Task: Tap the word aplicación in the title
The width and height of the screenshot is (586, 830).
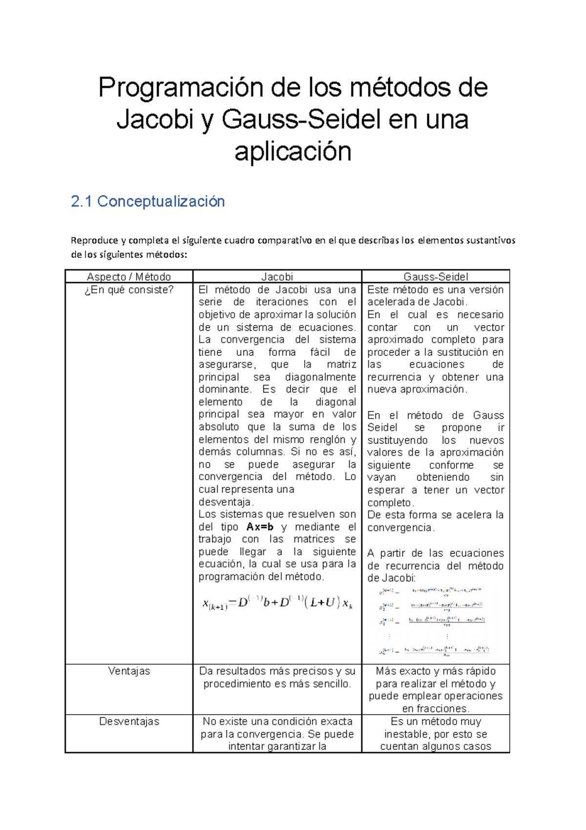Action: (293, 152)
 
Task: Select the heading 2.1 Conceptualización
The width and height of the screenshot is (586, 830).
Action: (147, 201)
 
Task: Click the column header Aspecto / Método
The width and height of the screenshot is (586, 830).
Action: (129, 277)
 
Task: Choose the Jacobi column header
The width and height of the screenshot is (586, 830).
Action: (277, 277)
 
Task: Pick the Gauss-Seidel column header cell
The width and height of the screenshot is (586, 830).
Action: (436, 277)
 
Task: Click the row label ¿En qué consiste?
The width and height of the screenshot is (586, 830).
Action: (129, 290)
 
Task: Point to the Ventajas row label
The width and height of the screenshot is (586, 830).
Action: (129, 671)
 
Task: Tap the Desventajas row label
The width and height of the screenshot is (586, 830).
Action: (129, 721)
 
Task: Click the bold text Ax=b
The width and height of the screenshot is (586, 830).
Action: (260, 527)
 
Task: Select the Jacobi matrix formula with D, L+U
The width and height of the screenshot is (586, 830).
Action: (277, 603)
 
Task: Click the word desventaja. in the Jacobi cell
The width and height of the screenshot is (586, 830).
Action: (226, 502)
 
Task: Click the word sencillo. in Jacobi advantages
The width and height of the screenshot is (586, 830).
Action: (332, 684)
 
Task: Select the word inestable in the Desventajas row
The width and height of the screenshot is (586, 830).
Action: (407, 734)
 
